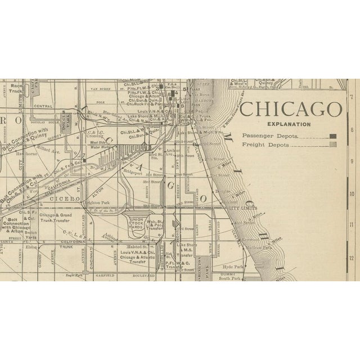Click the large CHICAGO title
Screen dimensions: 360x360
click(291, 109)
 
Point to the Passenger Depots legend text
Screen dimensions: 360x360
click(268, 136)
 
